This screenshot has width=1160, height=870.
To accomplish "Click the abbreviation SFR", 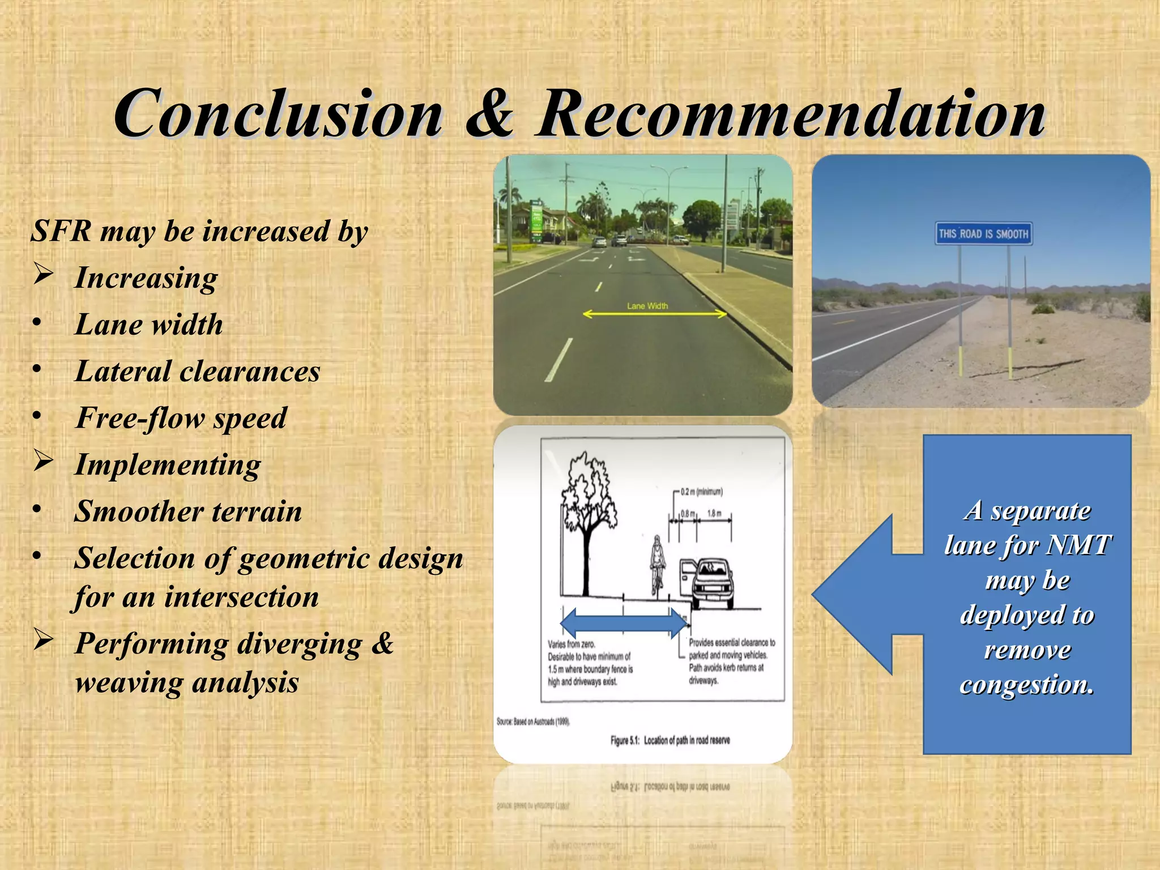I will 61,231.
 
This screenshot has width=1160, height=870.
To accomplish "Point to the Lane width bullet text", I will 148,325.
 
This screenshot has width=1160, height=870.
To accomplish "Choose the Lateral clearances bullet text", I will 197,372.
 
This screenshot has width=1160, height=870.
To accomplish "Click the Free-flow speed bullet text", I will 181,418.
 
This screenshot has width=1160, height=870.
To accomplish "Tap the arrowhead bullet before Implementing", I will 44,460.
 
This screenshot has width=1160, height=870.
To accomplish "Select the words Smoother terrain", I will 188,511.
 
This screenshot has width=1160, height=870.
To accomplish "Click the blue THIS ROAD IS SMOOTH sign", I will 983,234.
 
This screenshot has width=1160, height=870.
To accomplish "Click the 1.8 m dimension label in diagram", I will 714,514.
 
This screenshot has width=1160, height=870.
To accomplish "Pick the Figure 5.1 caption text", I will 670,740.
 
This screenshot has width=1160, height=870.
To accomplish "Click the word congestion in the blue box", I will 1026,684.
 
